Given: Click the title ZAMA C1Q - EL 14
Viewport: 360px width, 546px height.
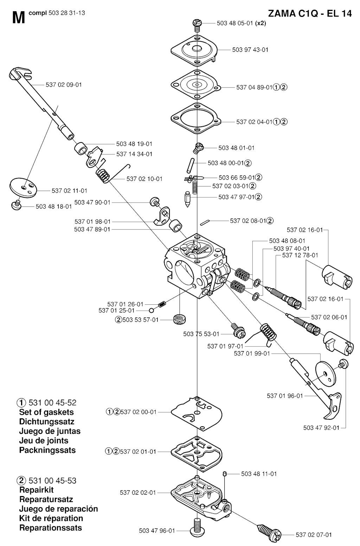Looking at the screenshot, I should tap(309, 14).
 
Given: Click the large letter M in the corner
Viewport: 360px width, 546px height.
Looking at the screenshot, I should tap(18, 17).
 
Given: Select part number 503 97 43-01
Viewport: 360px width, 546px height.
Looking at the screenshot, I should tap(250, 50).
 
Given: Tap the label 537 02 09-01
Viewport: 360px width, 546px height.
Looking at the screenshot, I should tap(64, 85).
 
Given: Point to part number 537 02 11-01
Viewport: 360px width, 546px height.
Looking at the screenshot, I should tap(69, 191).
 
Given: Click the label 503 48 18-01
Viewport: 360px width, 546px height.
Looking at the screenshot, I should tap(53, 207).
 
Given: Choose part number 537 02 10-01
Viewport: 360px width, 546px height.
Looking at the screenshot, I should tap(144, 179).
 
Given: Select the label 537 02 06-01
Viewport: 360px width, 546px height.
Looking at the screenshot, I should tap(329, 317).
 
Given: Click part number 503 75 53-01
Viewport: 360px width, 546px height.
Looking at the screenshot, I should tap(201, 334).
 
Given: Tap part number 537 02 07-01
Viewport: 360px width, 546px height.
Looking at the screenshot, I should tap(314, 535).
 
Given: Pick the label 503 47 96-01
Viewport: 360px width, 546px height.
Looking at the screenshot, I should tap(157, 531).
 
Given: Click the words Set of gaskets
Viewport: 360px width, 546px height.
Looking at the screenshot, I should tap(46, 412).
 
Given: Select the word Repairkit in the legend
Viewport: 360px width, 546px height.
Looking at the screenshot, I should tap(37, 490).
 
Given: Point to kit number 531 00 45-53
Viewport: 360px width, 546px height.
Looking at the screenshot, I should tap(52, 481).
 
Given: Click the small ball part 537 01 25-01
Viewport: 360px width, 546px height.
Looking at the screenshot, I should tap(151, 311).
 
